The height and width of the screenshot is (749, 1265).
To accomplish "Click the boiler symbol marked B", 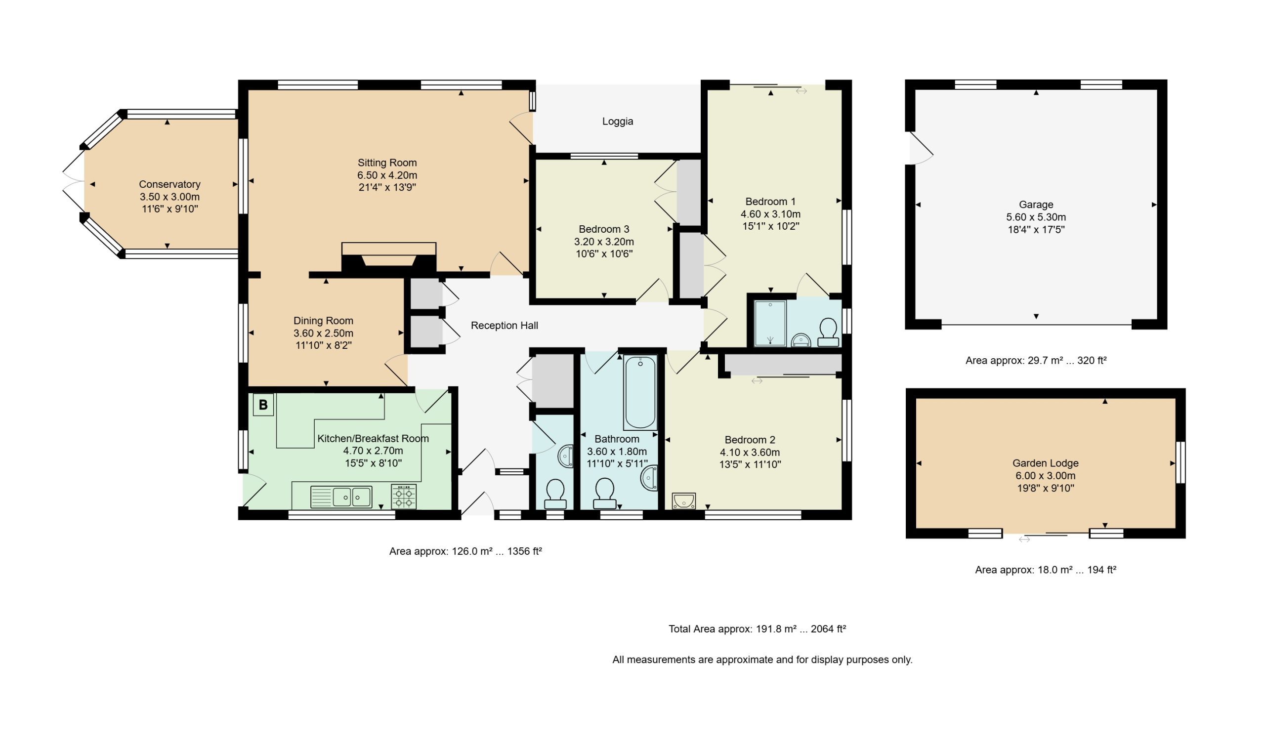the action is click(263, 405).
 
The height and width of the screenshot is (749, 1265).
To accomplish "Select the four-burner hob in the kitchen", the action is click(404, 496).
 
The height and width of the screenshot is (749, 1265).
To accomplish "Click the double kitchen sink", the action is click(341, 497).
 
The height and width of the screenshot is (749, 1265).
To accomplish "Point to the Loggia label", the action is click(617, 122).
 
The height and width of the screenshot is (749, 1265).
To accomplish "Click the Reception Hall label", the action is click(505, 326).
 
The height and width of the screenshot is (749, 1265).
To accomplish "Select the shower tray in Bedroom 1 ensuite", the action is click(770, 324).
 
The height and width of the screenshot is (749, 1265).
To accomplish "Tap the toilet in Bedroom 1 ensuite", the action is click(828, 333).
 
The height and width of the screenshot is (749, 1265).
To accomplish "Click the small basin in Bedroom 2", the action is click(684, 501).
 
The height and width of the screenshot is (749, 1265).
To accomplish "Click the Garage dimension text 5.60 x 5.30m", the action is click(1036, 217).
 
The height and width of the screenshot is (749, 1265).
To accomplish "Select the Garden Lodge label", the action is click(1046, 463).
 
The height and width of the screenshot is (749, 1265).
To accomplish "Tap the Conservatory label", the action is click(169, 184).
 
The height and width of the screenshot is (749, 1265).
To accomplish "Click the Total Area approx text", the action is click(757, 629).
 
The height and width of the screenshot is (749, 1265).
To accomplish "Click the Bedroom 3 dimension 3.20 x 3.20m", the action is click(604, 242).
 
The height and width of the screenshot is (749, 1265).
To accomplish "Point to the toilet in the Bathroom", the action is click(604, 494).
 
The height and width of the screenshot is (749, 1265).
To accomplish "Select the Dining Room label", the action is click(323, 321).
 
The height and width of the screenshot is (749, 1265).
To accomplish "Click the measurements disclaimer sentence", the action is click(762, 660).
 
